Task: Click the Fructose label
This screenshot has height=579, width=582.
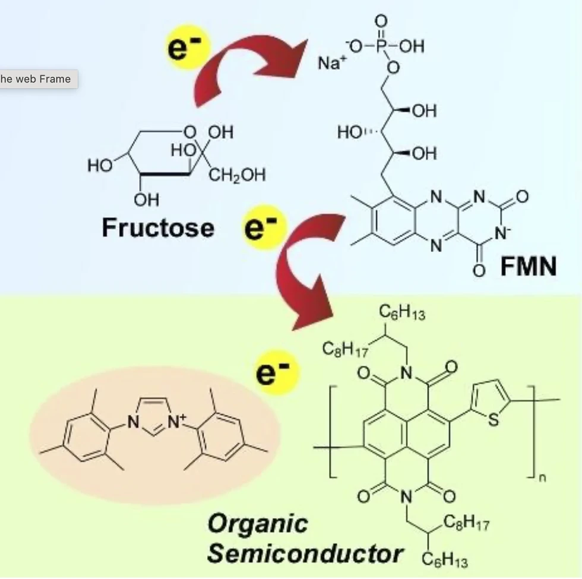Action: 157,227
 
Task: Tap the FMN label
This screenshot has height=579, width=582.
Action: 528,267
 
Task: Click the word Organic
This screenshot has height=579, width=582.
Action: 258,523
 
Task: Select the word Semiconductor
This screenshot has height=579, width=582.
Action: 305,553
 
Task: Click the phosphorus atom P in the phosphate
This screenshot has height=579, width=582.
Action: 380,46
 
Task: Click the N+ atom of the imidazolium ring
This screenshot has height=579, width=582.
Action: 176,422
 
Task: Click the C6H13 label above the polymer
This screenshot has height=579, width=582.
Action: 403,314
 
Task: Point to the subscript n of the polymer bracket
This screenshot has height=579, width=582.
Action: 542,477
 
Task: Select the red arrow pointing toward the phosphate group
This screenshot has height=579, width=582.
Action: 249,65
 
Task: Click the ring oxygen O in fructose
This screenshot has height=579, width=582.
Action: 189,131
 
